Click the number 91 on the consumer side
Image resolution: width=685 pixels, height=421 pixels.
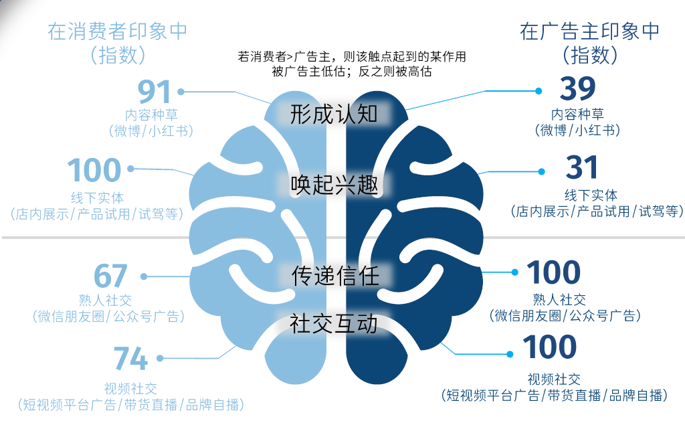[x=155, y=91]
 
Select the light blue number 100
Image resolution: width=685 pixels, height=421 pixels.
[x=94, y=171]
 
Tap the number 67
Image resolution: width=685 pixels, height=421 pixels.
[x=111, y=276]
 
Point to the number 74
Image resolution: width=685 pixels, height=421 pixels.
[x=130, y=359]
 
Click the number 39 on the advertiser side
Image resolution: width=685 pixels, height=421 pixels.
[x=577, y=89]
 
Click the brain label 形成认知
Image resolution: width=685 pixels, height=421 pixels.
[x=334, y=114]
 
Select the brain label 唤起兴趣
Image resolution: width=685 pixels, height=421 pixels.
[x=334, y=184]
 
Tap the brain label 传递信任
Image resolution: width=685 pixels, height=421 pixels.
[x=335, y=275]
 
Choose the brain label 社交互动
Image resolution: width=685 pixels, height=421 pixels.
[x=334, y=324]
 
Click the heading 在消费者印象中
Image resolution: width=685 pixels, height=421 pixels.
[x=117, y=31]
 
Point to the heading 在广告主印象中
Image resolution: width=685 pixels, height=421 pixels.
[x=589, y=31]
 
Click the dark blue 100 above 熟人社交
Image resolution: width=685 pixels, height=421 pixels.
[x=553, y=272]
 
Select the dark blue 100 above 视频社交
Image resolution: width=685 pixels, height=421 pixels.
[x=549, y=347]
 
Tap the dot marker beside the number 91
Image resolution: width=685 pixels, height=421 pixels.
[x=181, y=90]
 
